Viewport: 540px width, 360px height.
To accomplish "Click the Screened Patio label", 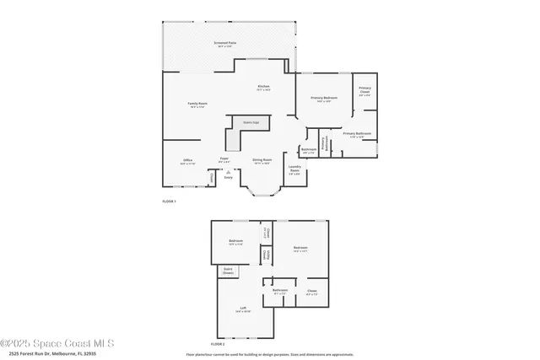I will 224,42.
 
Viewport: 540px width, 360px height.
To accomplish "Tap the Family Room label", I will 198,104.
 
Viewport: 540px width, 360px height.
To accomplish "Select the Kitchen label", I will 263,87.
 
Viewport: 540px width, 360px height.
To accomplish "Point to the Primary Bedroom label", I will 324,99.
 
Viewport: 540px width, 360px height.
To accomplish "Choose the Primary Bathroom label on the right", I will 357,134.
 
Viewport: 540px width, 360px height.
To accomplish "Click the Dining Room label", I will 262,159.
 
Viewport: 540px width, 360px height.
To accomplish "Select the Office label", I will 187,159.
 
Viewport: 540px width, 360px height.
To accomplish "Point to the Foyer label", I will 224,159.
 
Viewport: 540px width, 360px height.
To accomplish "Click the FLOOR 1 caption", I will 170,201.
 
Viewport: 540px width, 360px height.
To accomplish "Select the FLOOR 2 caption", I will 219,344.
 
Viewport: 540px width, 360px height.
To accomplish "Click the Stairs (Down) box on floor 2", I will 228,271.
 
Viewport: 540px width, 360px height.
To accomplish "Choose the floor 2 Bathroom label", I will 280,291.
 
